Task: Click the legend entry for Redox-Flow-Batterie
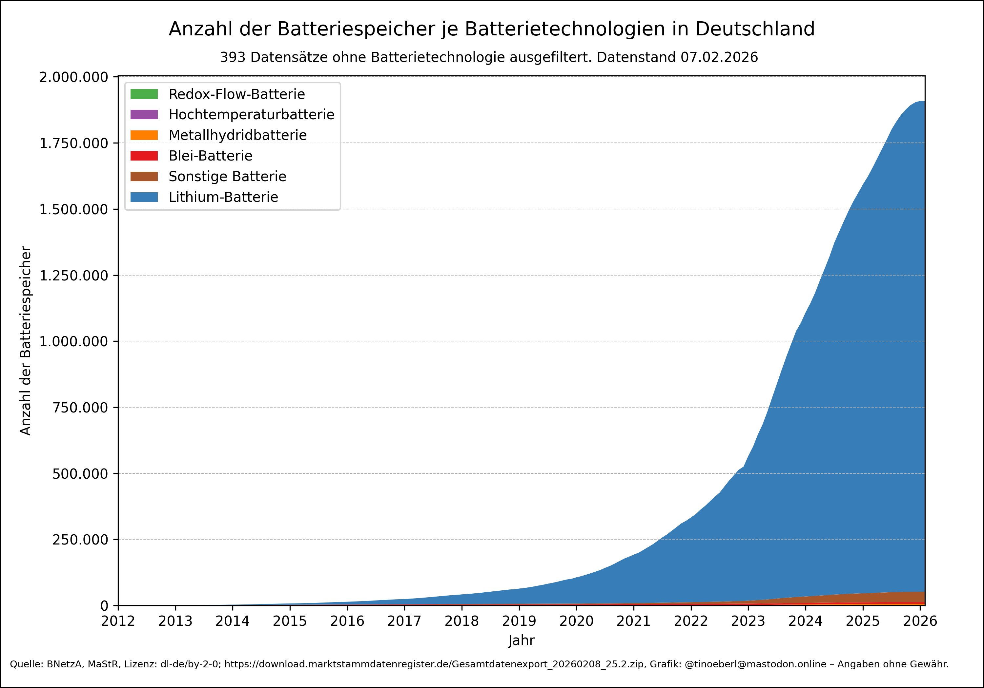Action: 236,94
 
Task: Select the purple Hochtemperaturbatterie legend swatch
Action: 144,115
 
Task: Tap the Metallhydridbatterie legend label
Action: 237,135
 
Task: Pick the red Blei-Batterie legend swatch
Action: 144,156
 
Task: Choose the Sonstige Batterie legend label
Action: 227,176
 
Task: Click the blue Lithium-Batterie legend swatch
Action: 144,197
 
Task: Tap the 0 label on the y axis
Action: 104,606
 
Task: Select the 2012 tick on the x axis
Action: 118,621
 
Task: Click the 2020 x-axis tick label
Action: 576,621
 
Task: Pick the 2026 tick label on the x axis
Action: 920,621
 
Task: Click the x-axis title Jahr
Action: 521,641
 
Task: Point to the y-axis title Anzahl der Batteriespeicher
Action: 26,341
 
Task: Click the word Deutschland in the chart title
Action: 755,29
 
